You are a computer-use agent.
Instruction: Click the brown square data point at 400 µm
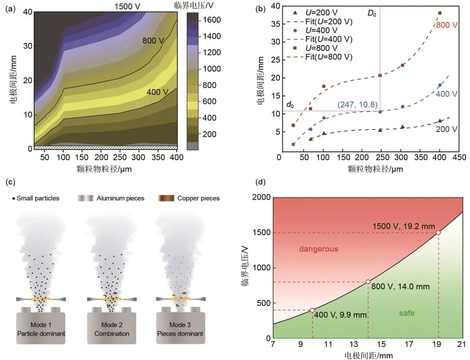coord(440,13)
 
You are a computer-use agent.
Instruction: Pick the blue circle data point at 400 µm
coord(440,85)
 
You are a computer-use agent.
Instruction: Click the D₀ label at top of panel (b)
coord(372,13)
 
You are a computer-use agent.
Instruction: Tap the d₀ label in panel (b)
coord(290,105)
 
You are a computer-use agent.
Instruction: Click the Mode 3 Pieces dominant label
coord(180,330)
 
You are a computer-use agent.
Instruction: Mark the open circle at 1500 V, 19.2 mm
coord(438,233)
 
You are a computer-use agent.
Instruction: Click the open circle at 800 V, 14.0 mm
coord(368,282)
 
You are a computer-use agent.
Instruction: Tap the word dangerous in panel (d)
coord(319,249)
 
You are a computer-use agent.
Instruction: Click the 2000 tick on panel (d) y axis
coord(261,198)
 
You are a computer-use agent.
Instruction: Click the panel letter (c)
coord(9,182)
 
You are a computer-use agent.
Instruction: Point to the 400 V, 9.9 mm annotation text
coord(341,315)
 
